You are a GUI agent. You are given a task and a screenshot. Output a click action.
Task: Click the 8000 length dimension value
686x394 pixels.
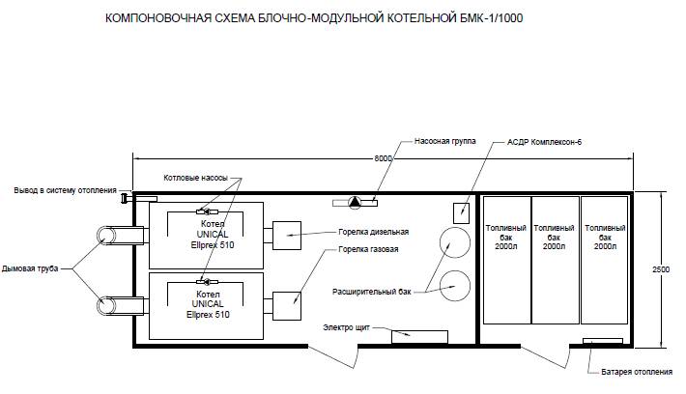click(384, 158)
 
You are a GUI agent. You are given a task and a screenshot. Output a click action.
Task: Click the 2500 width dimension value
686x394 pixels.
click(661, 269)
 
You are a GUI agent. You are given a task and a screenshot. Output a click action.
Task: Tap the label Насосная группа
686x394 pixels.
click(445, 141)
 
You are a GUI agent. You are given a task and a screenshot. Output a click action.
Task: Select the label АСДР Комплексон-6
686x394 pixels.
click(544, 142)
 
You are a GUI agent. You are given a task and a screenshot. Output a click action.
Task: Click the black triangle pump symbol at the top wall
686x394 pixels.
click(355, 202)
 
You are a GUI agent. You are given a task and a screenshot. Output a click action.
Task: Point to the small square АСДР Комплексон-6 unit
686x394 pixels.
click(461, 213)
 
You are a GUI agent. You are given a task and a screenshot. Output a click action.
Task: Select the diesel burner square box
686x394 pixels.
click(287, 236)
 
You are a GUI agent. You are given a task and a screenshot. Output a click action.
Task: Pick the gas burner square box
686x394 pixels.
click(287, 306)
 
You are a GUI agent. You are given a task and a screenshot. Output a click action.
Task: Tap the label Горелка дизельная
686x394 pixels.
click(374, 232)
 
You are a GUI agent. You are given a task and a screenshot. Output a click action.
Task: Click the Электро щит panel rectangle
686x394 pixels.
click(419, 337)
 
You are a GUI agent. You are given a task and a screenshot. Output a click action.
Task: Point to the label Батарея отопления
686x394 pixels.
click(637, 372)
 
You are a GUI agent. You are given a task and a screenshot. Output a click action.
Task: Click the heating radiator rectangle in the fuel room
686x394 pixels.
click(603, 341)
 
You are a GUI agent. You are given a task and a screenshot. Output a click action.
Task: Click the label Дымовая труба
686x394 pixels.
click(30, 268)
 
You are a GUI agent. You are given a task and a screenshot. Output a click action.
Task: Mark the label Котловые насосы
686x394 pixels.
click(195, 178)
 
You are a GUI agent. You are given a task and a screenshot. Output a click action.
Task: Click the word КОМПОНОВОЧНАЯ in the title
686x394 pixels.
click(158, 18)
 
